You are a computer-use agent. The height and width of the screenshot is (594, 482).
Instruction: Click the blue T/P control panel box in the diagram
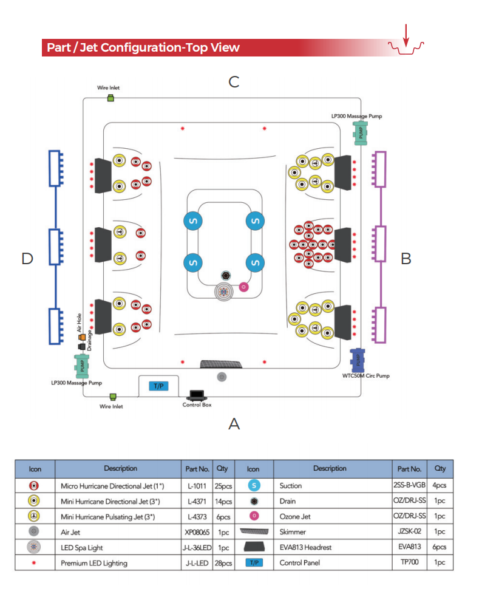point(158,386)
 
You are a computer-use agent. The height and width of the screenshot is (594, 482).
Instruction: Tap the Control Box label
point(197,405)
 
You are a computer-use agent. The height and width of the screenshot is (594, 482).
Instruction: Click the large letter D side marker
point(27,259)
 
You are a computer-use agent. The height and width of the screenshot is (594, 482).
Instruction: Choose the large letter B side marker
point(406,259)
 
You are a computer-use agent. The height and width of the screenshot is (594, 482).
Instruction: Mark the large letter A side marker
point(234,424)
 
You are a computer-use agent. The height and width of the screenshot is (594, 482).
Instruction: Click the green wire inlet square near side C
point(110,98)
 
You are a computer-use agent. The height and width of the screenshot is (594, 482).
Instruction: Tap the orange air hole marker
point(82,337)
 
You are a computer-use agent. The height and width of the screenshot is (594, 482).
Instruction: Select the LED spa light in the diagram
point(225,292)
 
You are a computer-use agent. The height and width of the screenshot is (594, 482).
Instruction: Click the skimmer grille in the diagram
point(222,364)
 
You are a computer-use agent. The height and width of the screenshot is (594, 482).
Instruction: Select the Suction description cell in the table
point(291,485)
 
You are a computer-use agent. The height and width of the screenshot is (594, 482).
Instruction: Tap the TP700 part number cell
point(409,562)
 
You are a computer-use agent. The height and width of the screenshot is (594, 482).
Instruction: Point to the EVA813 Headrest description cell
point(306,547)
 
